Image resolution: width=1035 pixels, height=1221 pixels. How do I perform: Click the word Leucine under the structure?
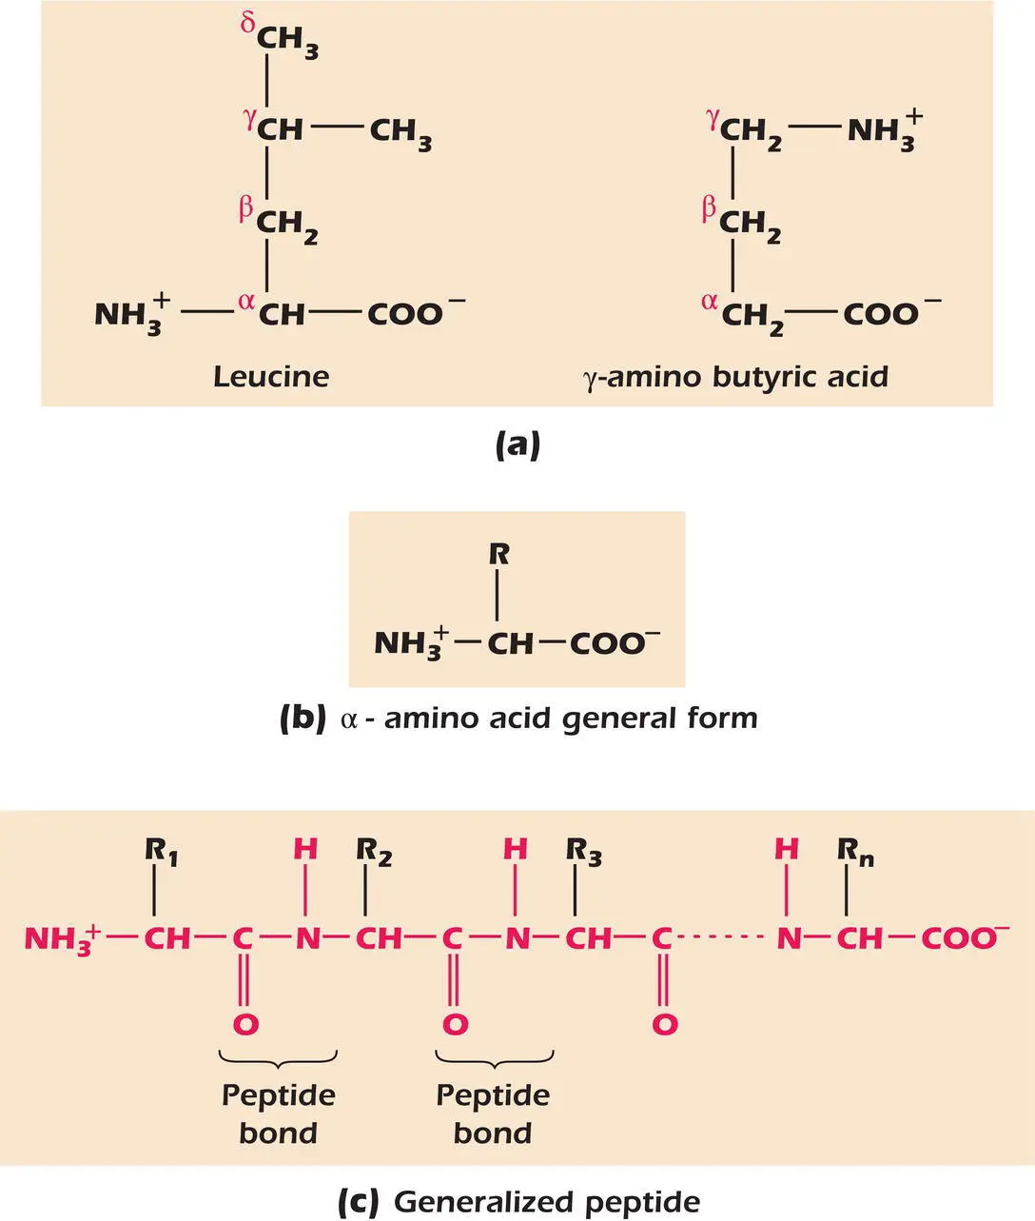pyautogui.click(x=271, y=376)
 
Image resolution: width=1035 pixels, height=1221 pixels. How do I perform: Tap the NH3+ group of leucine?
pyautogui.click(x=132, y=314)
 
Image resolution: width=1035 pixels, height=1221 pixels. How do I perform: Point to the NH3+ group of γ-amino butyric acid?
pyautogui.click(x=884, y=128)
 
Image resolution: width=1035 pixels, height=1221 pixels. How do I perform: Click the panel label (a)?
pyautogui.click(x=517, y=444)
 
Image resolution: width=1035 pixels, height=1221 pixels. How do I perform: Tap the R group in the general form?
pyautogui.click(x=498, y=554)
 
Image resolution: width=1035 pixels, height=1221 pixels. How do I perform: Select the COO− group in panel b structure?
pyautogui.click(x=614, y=643)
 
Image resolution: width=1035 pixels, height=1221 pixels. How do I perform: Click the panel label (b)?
pyautogui.click(x=303, y=718)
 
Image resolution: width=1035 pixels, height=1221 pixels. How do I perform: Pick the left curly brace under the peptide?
pyautogui.click(x=278, y=1056)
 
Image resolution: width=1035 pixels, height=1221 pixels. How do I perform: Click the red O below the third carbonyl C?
pyautogui.click(x=664, y=1024)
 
